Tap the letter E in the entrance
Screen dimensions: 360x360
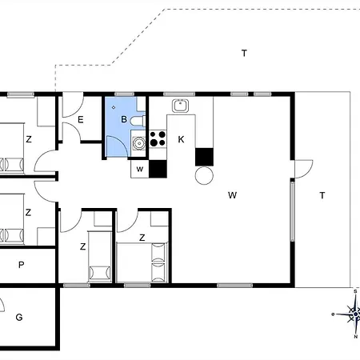[x=82, y=119]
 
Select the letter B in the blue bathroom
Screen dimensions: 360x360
[x=123, y=119]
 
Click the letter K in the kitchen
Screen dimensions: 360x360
[x=182, y=139]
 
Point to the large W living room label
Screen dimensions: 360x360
[x=233, y=194]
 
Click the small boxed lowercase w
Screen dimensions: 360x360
[x=139, y=169]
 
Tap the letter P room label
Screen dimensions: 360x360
[x=22, y=265]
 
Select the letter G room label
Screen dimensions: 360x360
[x=18, y=318]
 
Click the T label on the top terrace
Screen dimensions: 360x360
[x=244, y=54]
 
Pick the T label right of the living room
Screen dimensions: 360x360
[x=322, y=195]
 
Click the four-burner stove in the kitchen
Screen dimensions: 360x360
[x=157, y=138]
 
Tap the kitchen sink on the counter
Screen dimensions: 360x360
[x=180, y=104]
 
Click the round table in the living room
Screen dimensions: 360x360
[x=204, y=175]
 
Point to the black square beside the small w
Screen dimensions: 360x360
[x=158, y=169]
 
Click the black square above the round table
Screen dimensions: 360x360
[x=205, y=156]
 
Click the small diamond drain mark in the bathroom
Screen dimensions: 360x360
[x=114, y=106]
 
